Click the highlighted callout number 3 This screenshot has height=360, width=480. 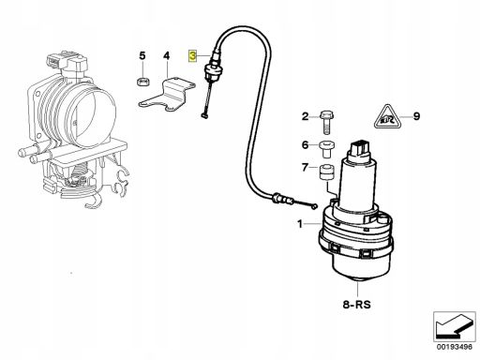point(192,56)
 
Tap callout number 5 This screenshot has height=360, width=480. point(142,56)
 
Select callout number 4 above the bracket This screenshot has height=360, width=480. point(167,56)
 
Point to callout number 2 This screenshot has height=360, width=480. point(305,116)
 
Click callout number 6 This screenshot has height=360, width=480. point(305,145)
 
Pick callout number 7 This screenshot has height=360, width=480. point(305,168)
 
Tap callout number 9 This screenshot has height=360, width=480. point(416,116)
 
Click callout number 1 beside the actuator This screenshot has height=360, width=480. point(300,224)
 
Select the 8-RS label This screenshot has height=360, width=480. point(356,304)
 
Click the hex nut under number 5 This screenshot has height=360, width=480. point(143,82)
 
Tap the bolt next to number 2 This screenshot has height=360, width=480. point(326,122)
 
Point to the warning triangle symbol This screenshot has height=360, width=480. point(388,116)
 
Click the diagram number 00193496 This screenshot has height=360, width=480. point(455,347)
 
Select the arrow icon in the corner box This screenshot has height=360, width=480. point(454,326)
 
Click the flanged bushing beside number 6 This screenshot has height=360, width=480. point(327,150)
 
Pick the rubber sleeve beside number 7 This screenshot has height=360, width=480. point(326,172)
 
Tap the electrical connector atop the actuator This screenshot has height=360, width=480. point(360,149)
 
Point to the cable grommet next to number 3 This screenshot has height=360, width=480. point(212,70)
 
